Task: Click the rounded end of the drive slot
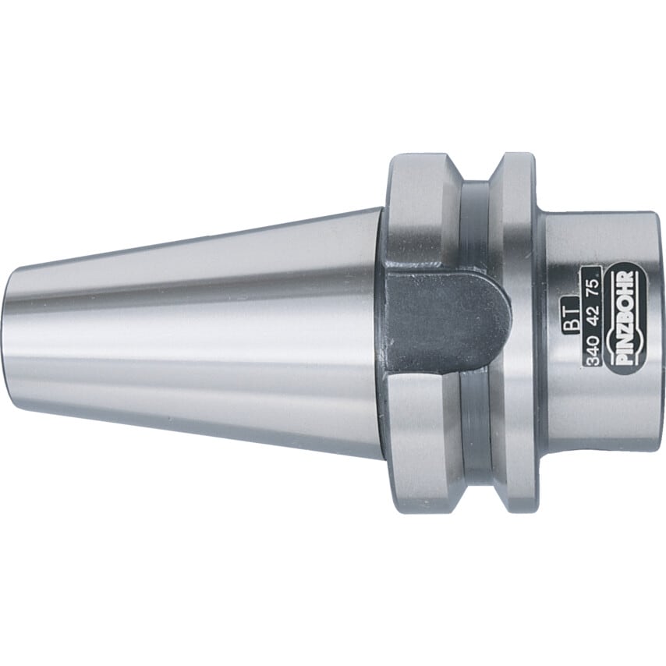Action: click(499, 312)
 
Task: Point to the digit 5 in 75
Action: click(594, 278)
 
